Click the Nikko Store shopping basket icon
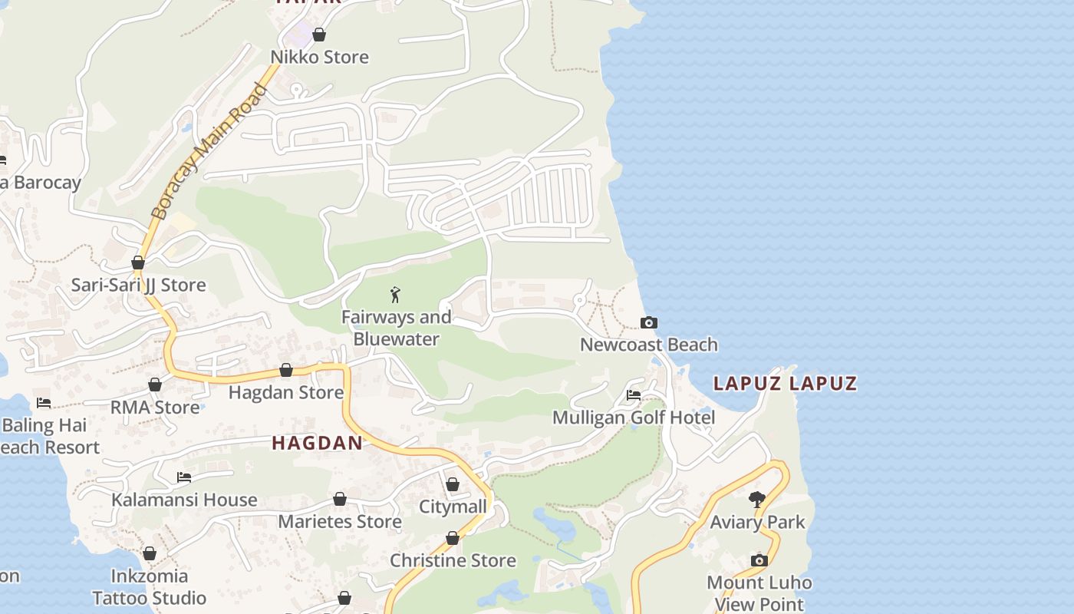[x=319, y=35]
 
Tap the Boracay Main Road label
[x=209, y=152]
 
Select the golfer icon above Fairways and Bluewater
[x=396, y=294]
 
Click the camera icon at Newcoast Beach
[x=649, y=322]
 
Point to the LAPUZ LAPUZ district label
[x=785, y=383]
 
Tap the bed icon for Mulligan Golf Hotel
[x=634, y=395]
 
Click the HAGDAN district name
[x=317, y=443]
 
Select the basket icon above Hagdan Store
[x=286, y=371]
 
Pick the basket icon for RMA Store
[x=155, y=385]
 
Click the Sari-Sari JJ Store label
[x=139, y=285]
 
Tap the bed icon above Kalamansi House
[x=184, y=477]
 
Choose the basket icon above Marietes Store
[x=340, y=500]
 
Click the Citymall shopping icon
[x=453, y=484]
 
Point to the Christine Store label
[x=453, y=560]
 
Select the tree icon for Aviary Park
[x=757, y=500]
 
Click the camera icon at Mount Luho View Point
[x=759, y=560]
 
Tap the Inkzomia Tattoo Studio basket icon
[x=150, y=553]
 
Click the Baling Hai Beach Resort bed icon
[x=44, y=402]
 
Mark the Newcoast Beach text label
[x=649, y=345]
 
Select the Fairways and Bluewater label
[x=396, y=328]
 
